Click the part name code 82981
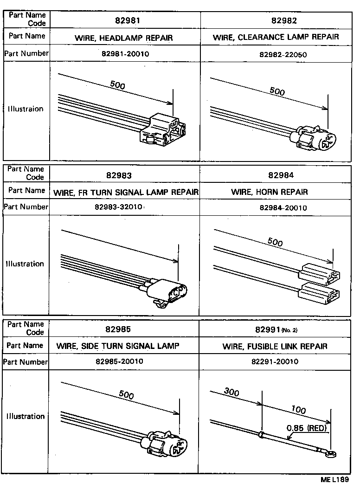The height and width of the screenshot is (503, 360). pos(124,21)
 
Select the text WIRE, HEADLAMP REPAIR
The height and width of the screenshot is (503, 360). pos(123,38)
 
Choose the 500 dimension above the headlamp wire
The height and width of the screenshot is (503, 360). pos(117,85)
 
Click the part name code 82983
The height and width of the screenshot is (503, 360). pos(124,176)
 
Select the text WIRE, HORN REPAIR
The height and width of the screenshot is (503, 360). pos(269,192)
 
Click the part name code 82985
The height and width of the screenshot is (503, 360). pos(124,330)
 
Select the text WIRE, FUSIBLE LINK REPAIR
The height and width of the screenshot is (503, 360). pos(275,346)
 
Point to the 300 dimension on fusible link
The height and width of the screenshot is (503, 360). pos(231,393)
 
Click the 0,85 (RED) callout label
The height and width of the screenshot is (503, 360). pos(306,428)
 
